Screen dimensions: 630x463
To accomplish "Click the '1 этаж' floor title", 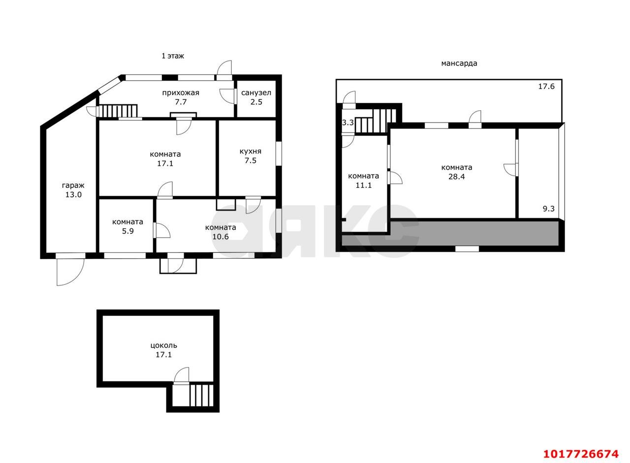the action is point(172,56).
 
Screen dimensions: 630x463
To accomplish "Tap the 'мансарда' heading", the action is point(459,63).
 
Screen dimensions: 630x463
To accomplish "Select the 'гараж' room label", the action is point(73,185).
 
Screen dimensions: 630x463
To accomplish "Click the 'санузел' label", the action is point(256,93).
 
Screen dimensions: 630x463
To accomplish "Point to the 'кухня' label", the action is point(251,151).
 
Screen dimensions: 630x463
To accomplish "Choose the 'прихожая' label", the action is point(181,93).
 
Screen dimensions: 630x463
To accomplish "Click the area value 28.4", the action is point(456,177).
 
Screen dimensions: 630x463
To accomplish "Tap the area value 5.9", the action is point(127,231).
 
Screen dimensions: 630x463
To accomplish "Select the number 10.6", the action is point(220,237).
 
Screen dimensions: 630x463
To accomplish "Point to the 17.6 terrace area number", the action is point(546,86).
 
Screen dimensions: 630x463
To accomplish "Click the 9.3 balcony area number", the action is point(548,209).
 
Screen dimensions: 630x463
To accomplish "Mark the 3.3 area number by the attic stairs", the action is point(347,123).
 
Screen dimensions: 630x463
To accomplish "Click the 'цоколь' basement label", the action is point(164,345).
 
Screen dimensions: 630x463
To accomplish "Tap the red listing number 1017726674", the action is point(581,454).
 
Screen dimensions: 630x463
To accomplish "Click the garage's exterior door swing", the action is point(70,272).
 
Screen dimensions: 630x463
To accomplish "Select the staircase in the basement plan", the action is point(201,396).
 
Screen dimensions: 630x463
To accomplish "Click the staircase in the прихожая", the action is point(118,111).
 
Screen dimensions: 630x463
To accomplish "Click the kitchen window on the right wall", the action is point(279,153).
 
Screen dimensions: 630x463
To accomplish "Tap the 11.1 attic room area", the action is point(363,185).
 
